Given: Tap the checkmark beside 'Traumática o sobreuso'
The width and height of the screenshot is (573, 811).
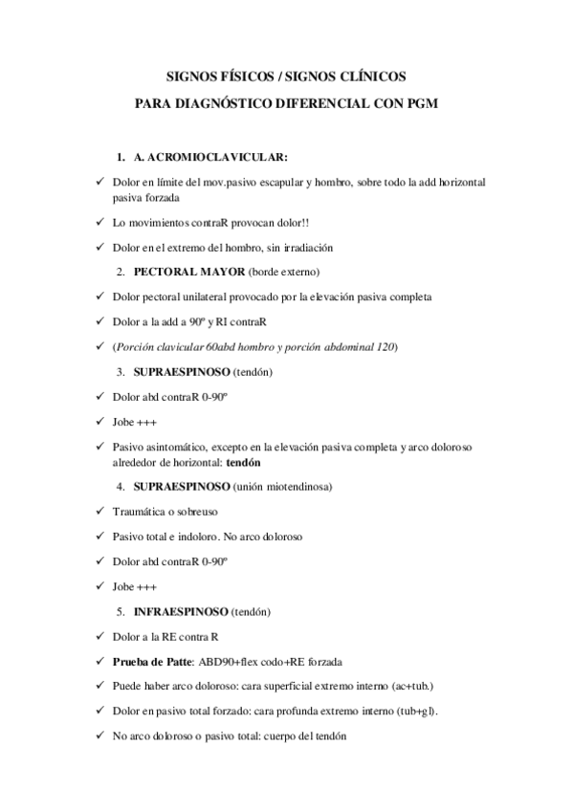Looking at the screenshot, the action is pyautogui.click(x=100, y=513).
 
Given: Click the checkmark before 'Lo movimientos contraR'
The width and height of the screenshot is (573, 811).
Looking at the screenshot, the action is pyautogui.click(x=100, y=223).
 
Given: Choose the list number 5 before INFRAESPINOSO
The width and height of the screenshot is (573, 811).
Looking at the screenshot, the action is pyautogui.click(x=121, y=610).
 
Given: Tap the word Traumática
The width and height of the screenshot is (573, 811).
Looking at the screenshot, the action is pyautogui.click(x=139, y=513).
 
